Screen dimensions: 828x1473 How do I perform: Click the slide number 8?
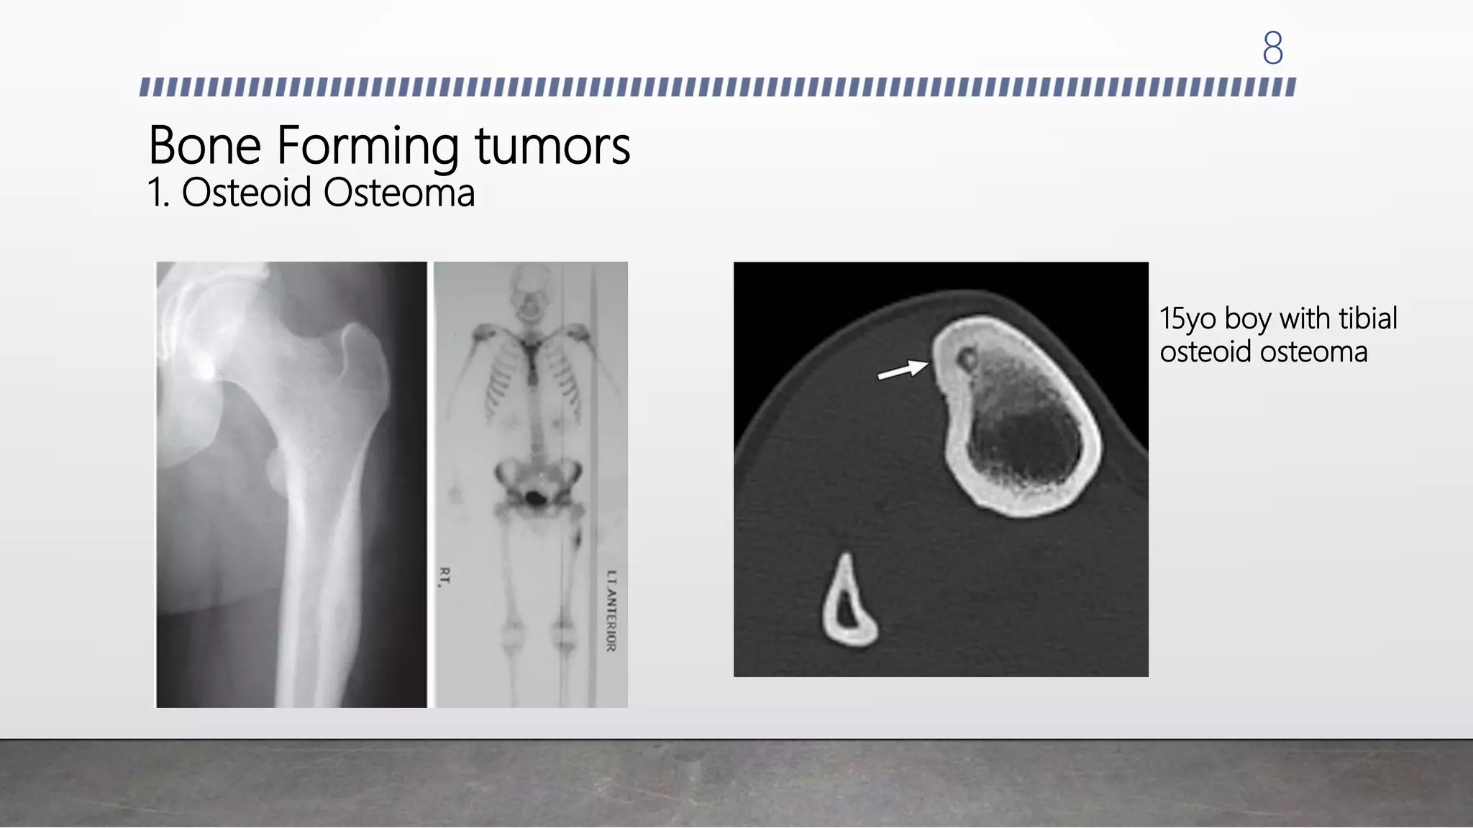(x=1272, y=48)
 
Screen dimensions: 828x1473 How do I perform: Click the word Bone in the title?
(x=204, y=146)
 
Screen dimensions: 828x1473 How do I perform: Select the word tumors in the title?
(x=552, y=146)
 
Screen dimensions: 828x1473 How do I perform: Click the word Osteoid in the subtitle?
(x=246, y=193)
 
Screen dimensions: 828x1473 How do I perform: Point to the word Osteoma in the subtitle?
(x=398, y=193)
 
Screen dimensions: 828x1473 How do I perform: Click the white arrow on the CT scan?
(x=903, y=370)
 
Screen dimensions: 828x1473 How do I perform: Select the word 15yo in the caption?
(x=1187, y=318)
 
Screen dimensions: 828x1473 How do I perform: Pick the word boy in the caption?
(x=1247, y=318)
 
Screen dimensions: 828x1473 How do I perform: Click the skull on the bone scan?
(x=530, y=291)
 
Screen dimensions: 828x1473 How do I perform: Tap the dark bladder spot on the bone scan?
(x=535, y=497)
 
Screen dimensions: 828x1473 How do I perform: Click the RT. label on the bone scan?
(x=444, y=576)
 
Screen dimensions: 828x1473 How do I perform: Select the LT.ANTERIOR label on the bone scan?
(x=611, y=611)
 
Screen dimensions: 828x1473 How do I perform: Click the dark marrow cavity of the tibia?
(x=1025, y=438)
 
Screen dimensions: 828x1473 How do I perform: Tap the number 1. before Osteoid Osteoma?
(x=158, y=193)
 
